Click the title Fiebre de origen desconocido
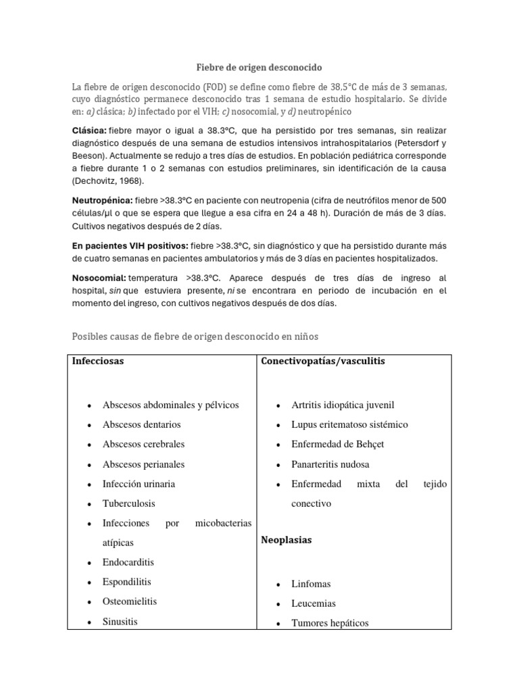point(259,68)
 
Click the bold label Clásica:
point(89,130)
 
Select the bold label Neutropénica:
point(102,201)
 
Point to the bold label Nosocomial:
point(99,278)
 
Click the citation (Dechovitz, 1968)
point(112,182)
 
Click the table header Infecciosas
point(98,361)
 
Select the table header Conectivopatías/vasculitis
point(322,361)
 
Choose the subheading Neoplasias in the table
point(286,540)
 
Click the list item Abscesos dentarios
point(141,424)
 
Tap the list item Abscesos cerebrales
point(143,444)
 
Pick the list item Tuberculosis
point(128,503)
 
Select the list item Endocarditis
point(128,562)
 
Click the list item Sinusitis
point(120,621)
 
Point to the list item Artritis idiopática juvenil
point(343,405)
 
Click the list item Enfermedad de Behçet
point(337,444)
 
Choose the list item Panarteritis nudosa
point(330,464)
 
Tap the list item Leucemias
point(314,603)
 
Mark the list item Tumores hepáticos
point(330,623)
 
